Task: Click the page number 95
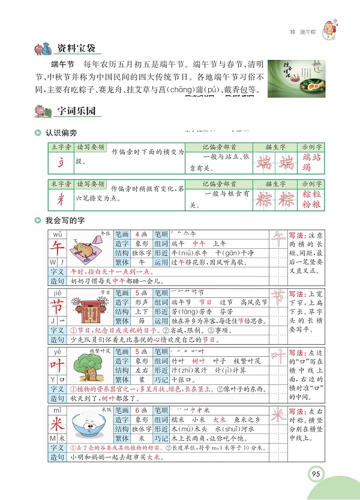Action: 316,475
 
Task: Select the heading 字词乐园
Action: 76,111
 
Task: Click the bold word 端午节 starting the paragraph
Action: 62,64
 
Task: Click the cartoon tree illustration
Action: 91,368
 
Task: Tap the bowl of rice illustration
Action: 91,427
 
